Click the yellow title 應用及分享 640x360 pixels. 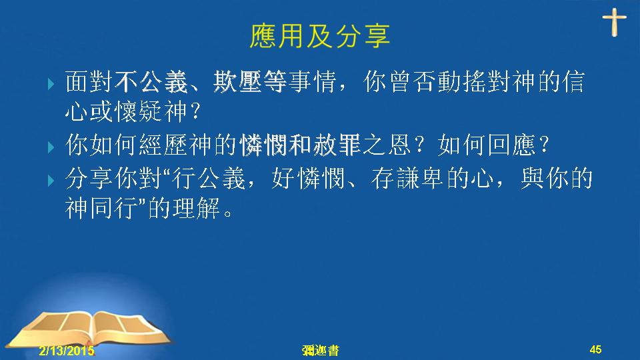coord(319,36)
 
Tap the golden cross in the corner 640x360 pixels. coord(614,23)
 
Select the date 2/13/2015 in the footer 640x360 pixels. coord(67,350)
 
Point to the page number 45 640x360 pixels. coord(595,349)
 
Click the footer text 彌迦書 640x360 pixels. coord(321,350)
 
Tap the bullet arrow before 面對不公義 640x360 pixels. coord(51,84)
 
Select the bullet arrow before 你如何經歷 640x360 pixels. coord(51,147)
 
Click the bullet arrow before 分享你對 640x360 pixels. coord(51,180)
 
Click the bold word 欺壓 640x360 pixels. coord(237,81)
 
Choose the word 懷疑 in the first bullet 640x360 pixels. coord(139,111)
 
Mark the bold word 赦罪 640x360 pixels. coord(337,145)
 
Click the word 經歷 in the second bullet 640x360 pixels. coord(163,145)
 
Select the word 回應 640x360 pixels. coord(511,145)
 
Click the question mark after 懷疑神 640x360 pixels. coord(195,111)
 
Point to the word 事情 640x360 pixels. coord(312,81)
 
